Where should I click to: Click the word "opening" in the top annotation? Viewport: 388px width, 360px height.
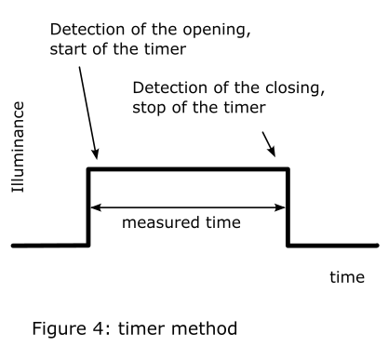(216, 31)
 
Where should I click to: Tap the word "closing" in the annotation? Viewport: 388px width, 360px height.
(295, 88)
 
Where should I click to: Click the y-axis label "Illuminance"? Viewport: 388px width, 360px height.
(19, 147)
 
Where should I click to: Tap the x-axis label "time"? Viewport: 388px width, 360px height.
(347, 277)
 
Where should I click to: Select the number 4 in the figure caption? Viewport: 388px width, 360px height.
(98, 328)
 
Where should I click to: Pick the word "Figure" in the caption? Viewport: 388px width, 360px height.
(59, 329)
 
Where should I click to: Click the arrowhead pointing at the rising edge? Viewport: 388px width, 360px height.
(95, 153)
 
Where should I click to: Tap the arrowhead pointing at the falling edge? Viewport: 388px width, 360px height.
(272, 152)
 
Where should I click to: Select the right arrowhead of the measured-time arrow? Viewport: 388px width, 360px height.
(280, 207)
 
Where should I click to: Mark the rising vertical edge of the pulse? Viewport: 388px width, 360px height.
(88, 207)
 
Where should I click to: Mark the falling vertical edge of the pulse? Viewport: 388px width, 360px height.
(288, 207)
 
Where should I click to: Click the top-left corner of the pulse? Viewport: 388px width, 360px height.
(88, 169)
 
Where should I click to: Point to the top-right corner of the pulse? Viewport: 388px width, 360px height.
(288, 169)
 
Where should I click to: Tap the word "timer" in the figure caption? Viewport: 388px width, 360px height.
(142, 328)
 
